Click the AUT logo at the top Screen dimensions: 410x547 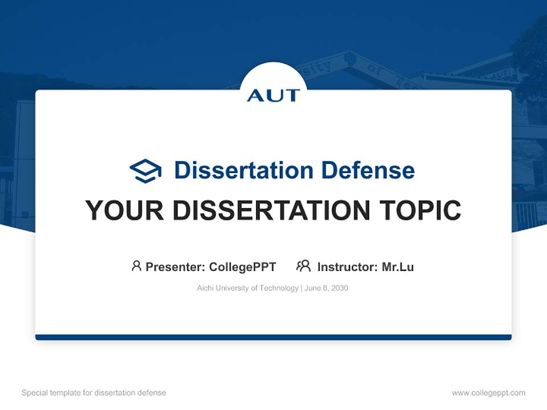coord(273,95)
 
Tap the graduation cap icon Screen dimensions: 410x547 coord(145,171)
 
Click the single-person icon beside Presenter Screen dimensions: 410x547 coord(136,266)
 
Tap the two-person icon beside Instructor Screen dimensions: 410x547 coord(303,266)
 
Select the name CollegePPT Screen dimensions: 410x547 coord(242,267)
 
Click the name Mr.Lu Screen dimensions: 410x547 coord(398,267)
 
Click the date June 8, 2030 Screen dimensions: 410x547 coord(326,288)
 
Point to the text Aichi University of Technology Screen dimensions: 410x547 coord(247,288)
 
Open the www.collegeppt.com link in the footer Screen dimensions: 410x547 coord(488,393)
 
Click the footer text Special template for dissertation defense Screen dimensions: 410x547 coord(94,393)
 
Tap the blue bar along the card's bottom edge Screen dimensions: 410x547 coord(273,337)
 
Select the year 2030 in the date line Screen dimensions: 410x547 coord(339,288)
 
